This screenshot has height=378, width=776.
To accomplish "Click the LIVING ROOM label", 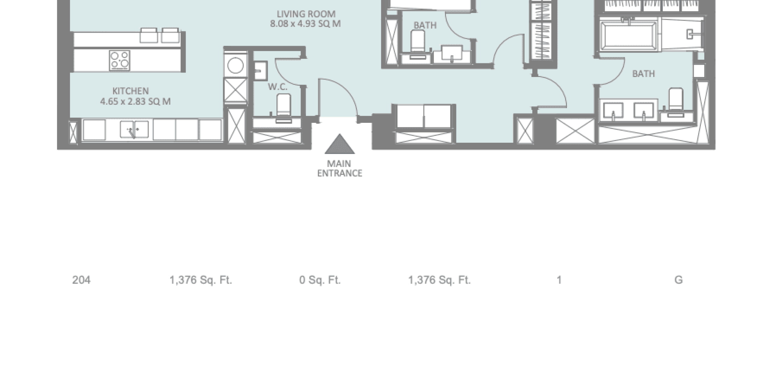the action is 306,14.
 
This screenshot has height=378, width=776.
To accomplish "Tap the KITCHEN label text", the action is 130,91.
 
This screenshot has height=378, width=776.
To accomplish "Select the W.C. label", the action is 278,87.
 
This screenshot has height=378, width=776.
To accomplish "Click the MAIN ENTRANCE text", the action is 339,168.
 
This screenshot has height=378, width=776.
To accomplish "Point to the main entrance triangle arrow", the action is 339,144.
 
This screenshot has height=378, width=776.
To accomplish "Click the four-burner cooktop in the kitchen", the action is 120,60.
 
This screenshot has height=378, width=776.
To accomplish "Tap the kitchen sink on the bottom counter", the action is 134,129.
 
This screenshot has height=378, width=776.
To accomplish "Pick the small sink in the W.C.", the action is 260,71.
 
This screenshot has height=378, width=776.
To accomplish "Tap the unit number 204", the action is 81,280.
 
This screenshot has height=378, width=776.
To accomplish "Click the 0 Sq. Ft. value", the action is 320,280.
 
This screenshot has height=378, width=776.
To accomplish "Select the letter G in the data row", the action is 678,280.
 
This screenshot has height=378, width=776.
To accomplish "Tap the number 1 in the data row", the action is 559,280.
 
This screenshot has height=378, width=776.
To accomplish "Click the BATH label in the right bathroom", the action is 644,74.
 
